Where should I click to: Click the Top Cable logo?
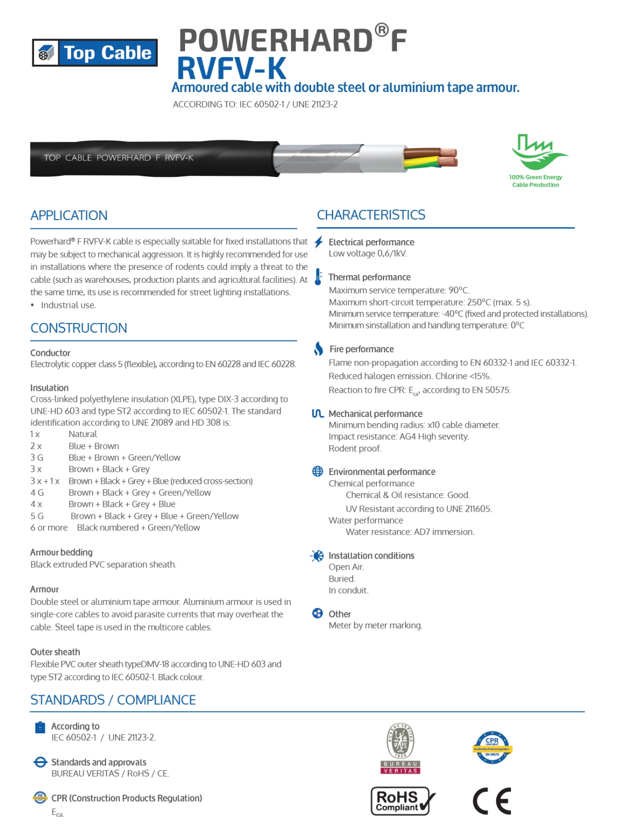point(95,52)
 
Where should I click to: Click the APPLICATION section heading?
point(69,215)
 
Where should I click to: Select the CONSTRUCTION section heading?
point(79,328)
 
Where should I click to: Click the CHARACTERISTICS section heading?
point(371,215)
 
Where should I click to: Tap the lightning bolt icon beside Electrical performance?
point(319,242)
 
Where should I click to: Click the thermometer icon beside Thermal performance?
point(318,277)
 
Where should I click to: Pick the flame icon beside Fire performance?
point(319,349)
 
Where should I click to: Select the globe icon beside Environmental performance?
point(318,472)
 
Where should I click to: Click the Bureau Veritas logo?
point(401,748)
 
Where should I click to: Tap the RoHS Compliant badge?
point(403,801)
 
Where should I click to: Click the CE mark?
point(492,801)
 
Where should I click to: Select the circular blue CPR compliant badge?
point(492,747)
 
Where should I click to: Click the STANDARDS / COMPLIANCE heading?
point(113,700)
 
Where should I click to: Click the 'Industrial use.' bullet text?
point(68,305)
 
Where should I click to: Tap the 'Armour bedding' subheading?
point(61,552)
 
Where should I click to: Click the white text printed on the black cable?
point(118,158)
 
